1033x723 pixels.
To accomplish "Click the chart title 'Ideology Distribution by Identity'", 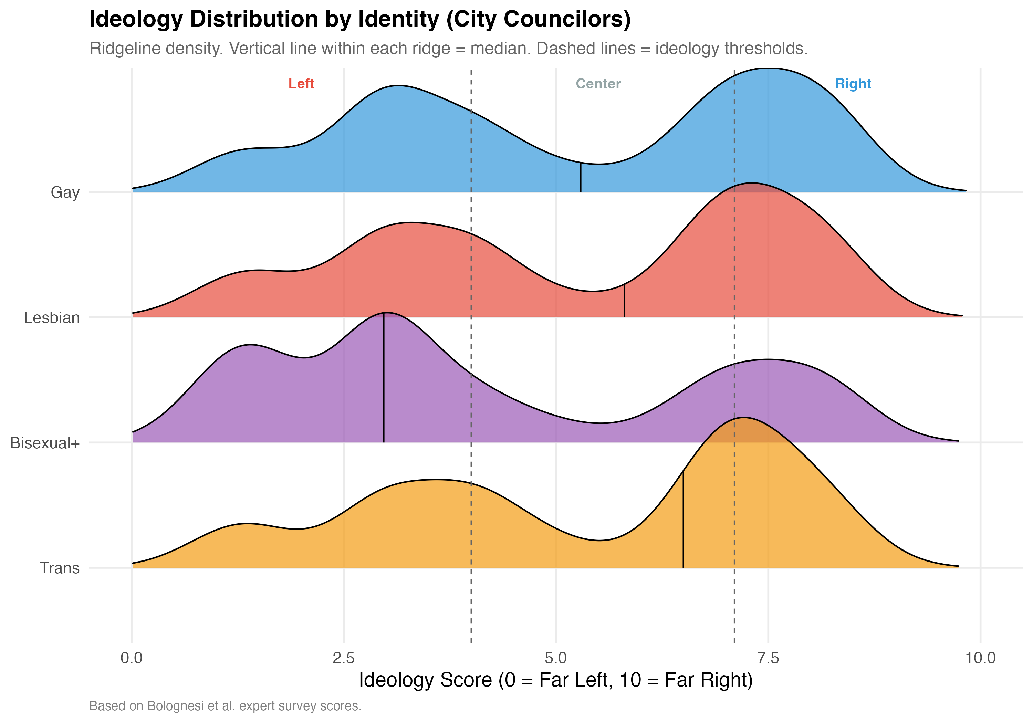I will [x=360, y=19].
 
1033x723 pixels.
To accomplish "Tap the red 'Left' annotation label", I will [x=301, y=84].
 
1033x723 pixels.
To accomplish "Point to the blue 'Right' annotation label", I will [x=853, y=84].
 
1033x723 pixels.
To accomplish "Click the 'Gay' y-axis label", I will [x=65, y=192].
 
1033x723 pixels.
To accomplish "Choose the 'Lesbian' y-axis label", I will [x=52, y=318].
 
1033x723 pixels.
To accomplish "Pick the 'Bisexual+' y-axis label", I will [x=45, y=443].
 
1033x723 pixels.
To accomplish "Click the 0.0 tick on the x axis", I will [x=132, y=658].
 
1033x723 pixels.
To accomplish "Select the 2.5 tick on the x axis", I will [x=344, y=658].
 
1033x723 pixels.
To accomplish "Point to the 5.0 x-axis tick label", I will [x=556, y=658].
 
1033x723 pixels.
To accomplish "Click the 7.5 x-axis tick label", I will [x=768, y=658].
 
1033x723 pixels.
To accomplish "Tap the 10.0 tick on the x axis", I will [x=980, y=658].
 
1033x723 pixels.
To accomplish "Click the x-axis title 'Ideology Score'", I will [x=556, y=680].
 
